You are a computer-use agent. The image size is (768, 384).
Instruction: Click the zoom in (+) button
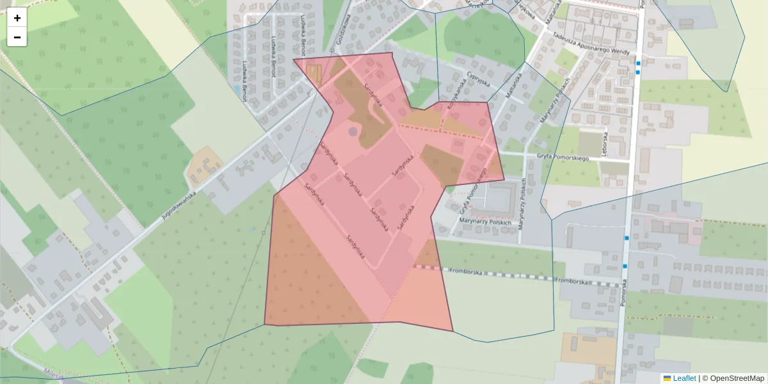tap(17, 18)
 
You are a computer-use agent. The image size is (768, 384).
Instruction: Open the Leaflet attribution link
tap(684, 378)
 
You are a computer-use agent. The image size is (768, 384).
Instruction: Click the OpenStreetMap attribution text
tap(736, 378)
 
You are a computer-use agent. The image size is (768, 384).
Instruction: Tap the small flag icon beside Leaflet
tap(667, 378)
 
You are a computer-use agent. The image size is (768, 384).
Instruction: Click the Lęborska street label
tap(604, 144)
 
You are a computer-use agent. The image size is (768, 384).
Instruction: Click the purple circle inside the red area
tap(353, 132)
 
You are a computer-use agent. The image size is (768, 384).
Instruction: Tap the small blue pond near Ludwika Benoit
tap(238, 89)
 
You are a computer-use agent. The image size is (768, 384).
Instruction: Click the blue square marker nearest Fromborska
tap(625, 266)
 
